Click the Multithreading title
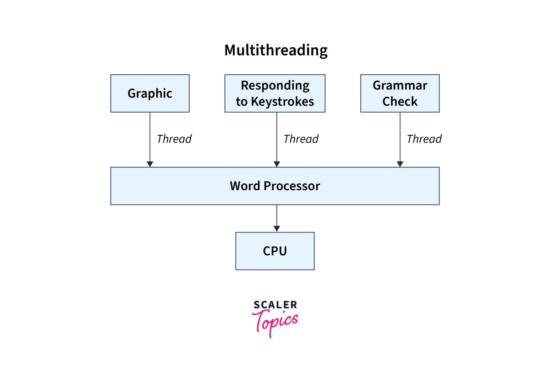[275, 50]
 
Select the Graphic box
[149, 94]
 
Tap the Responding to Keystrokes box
[275, 94]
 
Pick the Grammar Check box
[400, 94]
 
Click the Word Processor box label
[275, 186]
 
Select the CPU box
[275, 251]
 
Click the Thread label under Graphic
[174, 139]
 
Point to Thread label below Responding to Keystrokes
[301, 139]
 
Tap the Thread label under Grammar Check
[424, 139]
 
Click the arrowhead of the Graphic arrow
[149, 164]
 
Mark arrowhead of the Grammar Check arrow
[400, 164]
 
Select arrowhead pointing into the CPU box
[276, 228]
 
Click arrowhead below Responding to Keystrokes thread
[276, 164]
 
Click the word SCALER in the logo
[275, 305]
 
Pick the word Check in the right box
[400, 102]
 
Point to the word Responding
[275, 86]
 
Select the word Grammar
[400, 86]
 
